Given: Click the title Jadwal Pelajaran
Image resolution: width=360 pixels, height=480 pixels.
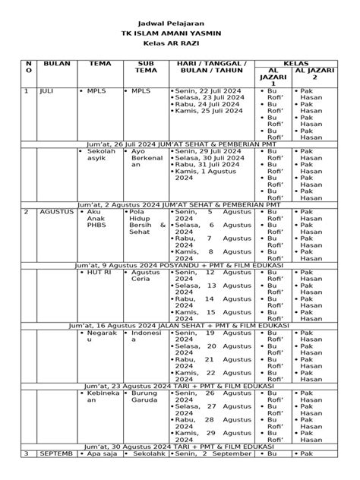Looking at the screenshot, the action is [179, 24].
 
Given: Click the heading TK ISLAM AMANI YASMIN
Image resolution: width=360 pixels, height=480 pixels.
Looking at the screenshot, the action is [179, 35].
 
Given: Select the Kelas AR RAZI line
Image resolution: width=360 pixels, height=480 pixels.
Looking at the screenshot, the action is [179, 46].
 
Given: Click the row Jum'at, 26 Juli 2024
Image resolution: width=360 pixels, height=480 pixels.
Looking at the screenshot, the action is [179, 143].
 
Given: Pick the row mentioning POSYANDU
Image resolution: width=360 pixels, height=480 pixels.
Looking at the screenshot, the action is [179, 264].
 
